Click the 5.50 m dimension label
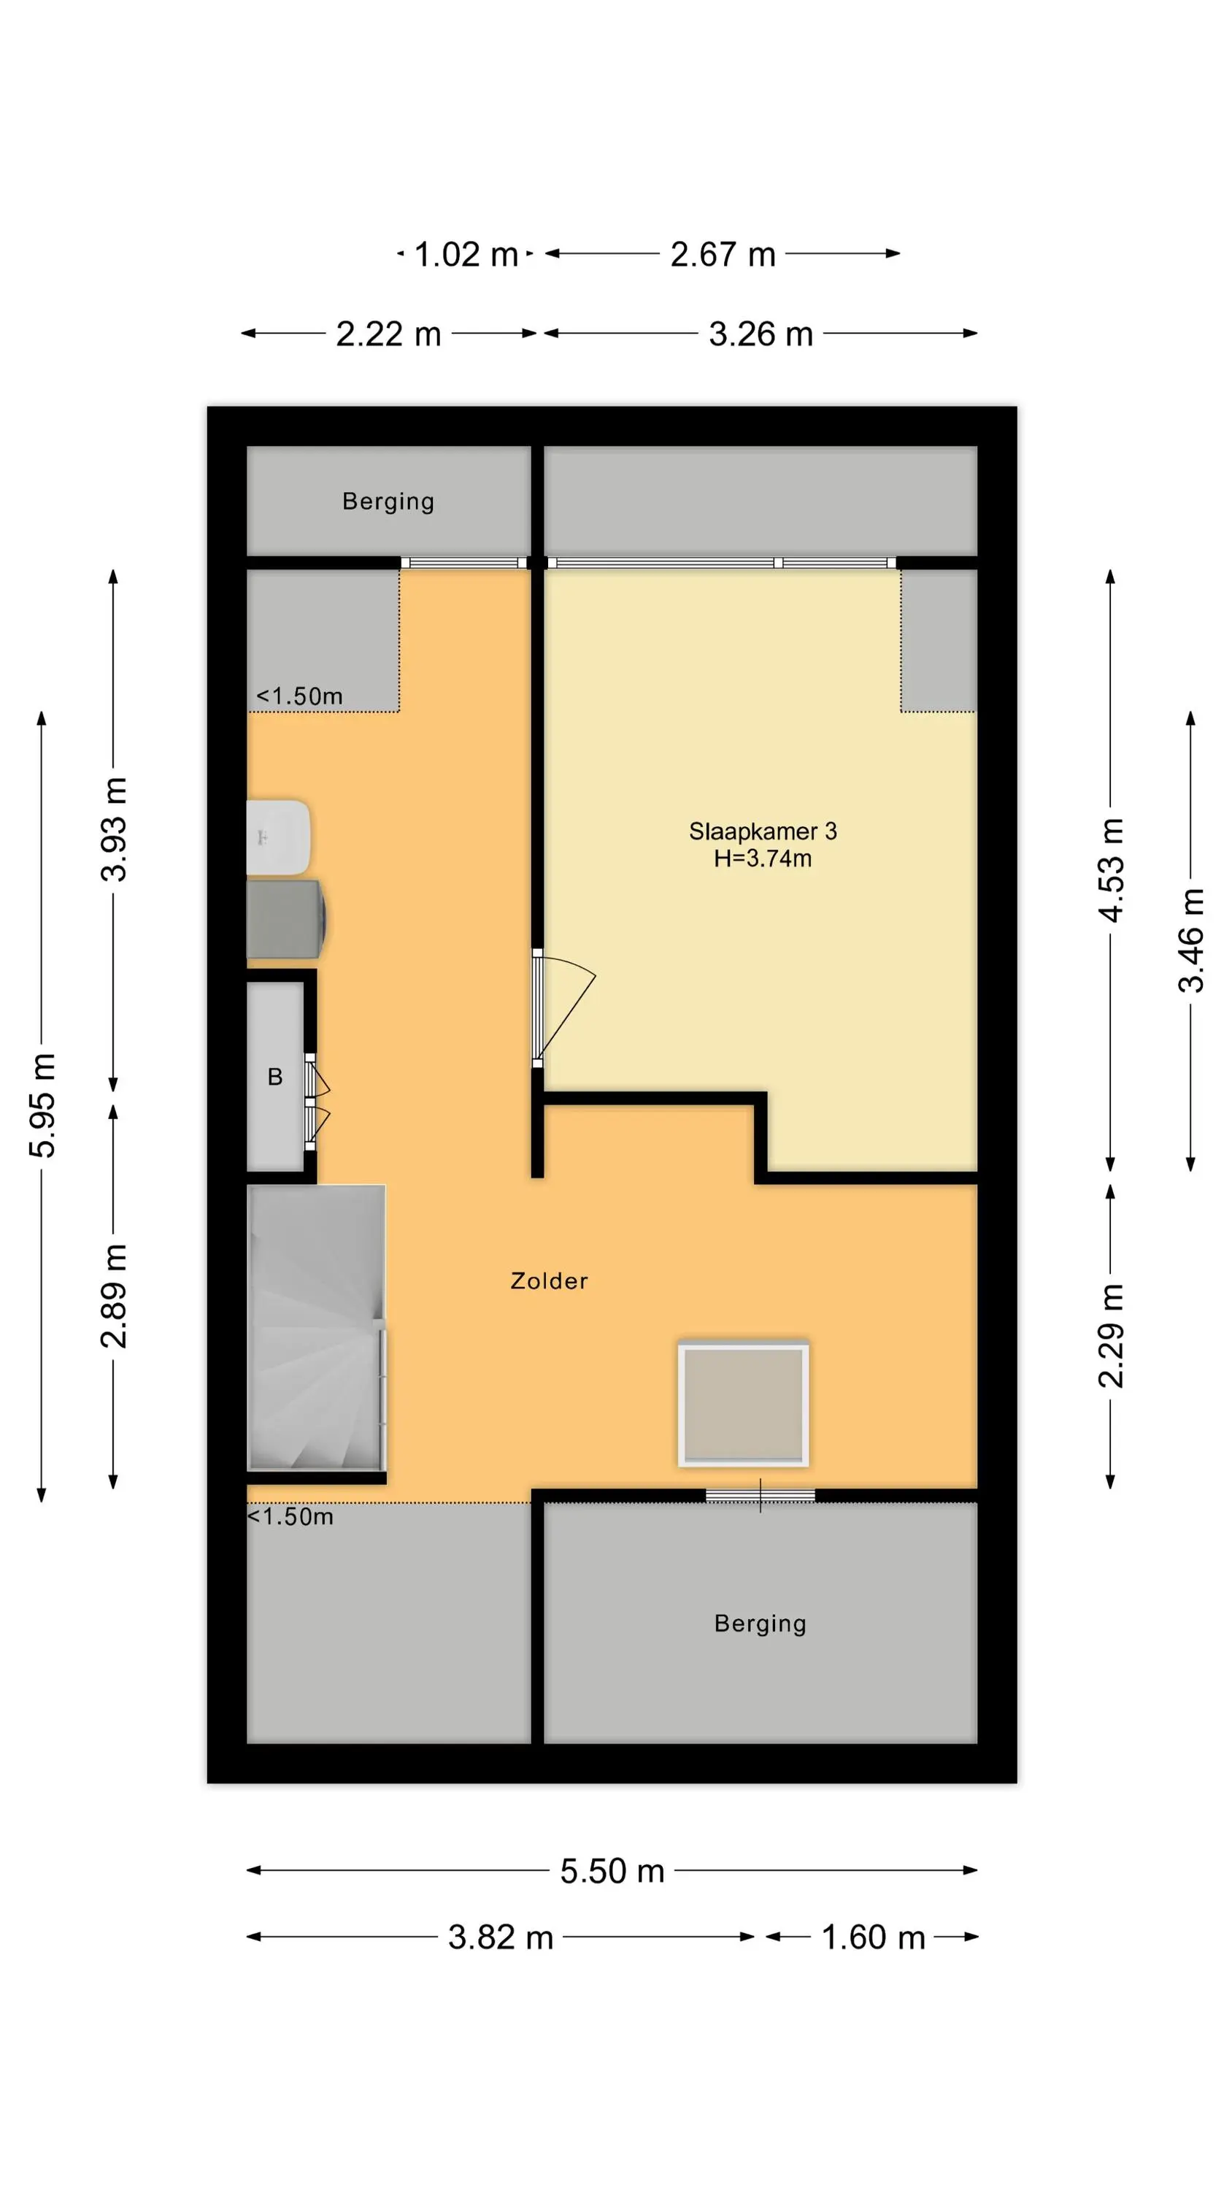[x=612, y=1870]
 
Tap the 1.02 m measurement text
[x=466, y=254]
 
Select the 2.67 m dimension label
[x=723, y=254]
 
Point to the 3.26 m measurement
[x=761, y=334]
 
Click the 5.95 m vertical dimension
[x=42, y=1105]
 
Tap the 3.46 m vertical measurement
[x=1191, y=940]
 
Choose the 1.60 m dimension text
[x=873, y=1937]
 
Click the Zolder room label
[x=550, y=1281]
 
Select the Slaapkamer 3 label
[x=763, y=831]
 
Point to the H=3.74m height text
[x=763, y=858]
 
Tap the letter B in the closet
[x=275, y=1077]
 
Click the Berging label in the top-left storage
[x=388, y=502]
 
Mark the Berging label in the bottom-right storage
[x=760, y=1624]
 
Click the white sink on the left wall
[x=278, y=837]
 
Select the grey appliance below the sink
[x=285, y=920]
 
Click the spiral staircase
[x=316, y=1328]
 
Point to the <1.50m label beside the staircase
[x=290, y=1517]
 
